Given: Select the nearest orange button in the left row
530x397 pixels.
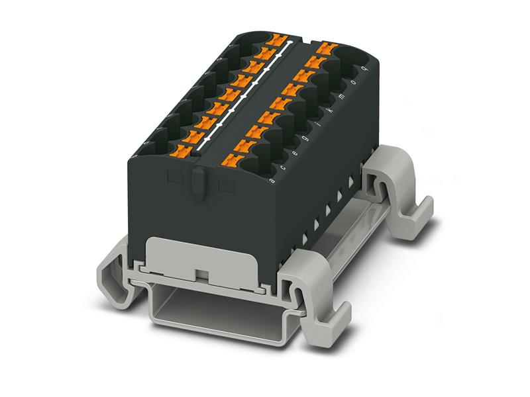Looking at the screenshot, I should [x=184, y=153].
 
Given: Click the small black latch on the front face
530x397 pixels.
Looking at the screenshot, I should [x=199, y=181].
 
